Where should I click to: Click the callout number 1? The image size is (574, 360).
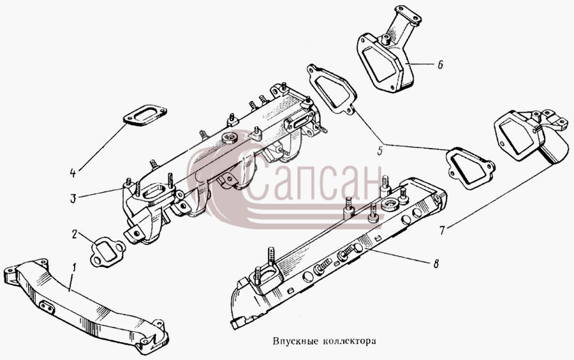click(75, 269)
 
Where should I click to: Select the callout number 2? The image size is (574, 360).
click(75, 234)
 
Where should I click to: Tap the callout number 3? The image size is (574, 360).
click(73, 199)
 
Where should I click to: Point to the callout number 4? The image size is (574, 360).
click(73, 173)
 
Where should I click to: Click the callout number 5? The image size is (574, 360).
click(380, 151)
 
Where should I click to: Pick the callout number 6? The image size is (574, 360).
click(440, 65)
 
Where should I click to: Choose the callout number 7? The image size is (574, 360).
click(442, 230)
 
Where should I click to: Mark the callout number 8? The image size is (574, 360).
click(436, 264)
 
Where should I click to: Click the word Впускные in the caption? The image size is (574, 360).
click(297, 341)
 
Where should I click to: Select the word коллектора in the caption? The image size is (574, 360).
click(350, 341)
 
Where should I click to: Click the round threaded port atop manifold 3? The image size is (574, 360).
click(229, 137)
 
